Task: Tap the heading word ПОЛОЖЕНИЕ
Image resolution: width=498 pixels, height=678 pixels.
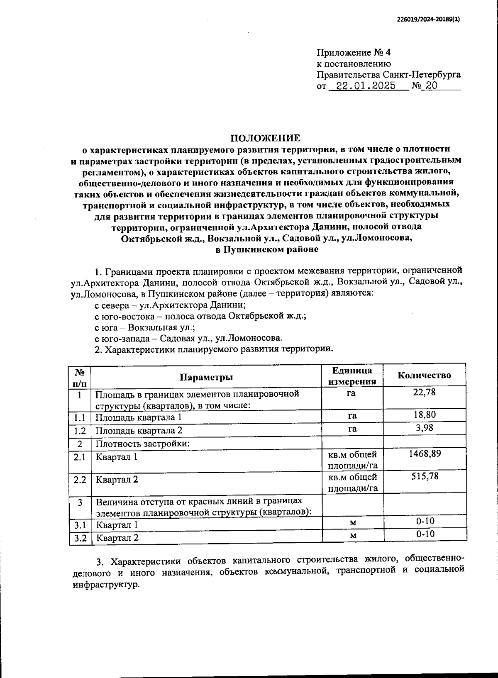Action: (x=265, y=138)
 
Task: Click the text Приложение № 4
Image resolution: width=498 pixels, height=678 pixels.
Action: (x=353, y=53)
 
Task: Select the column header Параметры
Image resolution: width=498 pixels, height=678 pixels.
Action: (x=206, y=377)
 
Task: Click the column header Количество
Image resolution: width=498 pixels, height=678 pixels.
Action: (x=424, y=376)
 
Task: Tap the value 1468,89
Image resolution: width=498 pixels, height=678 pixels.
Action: (x=424, y=454)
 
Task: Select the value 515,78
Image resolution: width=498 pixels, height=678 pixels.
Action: (x=424, y=476)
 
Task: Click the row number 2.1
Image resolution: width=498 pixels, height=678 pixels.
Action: (x=80, y=457)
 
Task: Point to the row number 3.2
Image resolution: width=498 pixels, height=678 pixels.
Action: (x=80, y=538)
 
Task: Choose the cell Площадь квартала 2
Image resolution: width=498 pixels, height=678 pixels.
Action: (x=139, y=430)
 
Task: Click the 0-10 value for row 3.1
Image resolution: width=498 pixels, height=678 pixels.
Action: (x=425, y=521)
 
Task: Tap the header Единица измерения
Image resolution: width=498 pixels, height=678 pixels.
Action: (x=352, y=376)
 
